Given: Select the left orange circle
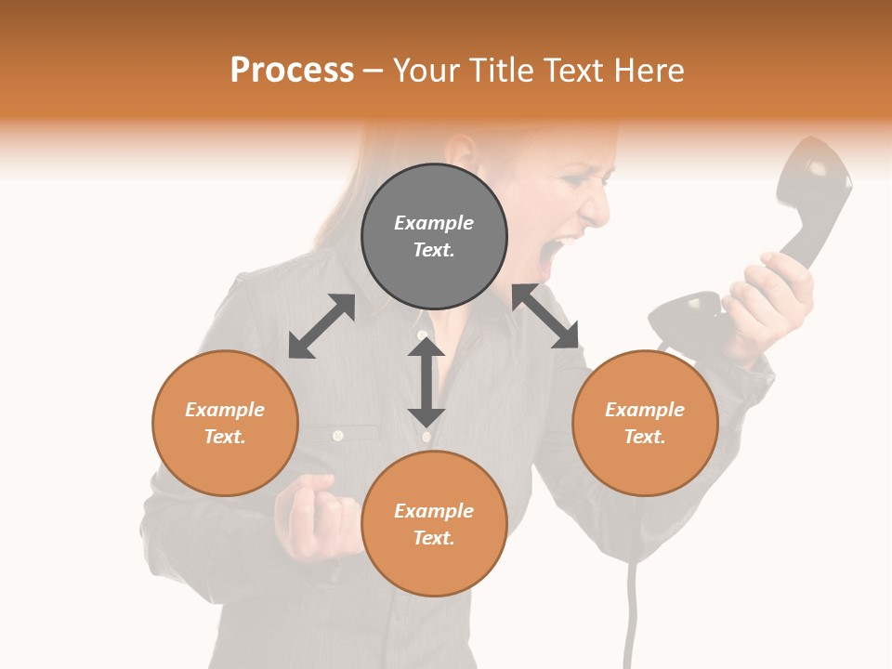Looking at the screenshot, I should [225, 423].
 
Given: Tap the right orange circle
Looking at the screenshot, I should [645, 423].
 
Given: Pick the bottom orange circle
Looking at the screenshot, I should [434, 523].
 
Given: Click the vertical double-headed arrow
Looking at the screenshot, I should [426, 382].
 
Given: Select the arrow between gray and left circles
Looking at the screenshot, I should [321, 326].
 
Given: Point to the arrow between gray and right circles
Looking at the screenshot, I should [545, 316].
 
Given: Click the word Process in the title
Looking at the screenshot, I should [292, 70].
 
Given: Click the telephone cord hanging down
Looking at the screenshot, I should [633, 604].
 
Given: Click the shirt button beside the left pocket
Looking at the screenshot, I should [338, 435].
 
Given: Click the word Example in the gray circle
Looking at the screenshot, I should [434, 223].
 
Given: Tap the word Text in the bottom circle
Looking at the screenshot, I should [432, 538].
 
